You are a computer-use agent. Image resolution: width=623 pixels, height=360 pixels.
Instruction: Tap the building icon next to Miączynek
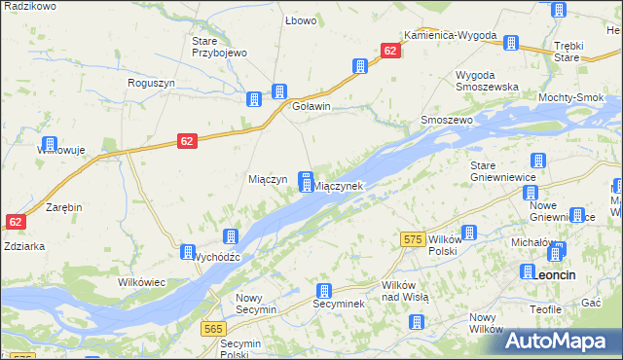(306, 181)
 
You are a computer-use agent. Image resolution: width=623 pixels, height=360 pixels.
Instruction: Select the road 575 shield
(412, 238)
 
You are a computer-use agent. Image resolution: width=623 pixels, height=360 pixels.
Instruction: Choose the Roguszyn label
(151, 83)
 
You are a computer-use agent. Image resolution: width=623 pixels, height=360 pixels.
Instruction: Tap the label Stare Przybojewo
(220, 47)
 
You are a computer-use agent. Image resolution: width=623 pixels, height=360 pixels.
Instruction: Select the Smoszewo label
(446, 120)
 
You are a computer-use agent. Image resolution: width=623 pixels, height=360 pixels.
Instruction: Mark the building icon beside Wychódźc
(188, 252)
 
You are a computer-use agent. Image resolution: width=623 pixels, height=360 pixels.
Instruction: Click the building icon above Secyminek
(324, 290)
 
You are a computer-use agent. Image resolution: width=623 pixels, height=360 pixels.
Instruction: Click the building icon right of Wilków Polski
(469, 233)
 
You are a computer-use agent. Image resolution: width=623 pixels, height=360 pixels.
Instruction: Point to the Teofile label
(546, 308)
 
